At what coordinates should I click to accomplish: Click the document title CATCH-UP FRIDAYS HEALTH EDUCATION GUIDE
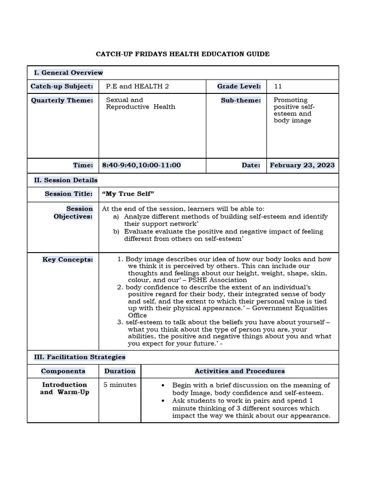point(183,54)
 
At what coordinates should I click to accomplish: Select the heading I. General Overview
point(68,72)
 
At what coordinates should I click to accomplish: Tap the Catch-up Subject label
point(62,86)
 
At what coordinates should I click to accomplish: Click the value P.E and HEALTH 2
point(137,86)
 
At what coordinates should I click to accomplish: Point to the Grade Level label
point(239,86)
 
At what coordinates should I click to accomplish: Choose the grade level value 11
point(278,86)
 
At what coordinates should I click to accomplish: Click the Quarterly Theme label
point(62,100)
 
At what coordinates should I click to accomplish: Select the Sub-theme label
point(241,100)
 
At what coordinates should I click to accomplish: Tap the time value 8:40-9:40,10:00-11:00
point(142,165)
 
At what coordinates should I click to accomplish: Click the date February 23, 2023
point(302,165)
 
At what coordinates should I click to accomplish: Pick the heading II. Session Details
point(66,180)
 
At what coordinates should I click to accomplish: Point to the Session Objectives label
point(73,213)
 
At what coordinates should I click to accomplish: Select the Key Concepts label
point(68,260)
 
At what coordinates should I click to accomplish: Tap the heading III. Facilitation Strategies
point(80,357)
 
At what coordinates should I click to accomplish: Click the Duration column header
point(120,371)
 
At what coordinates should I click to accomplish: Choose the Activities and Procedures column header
point(239,371)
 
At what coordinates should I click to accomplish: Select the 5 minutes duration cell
point(120,385)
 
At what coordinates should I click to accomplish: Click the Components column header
point(63,371)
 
